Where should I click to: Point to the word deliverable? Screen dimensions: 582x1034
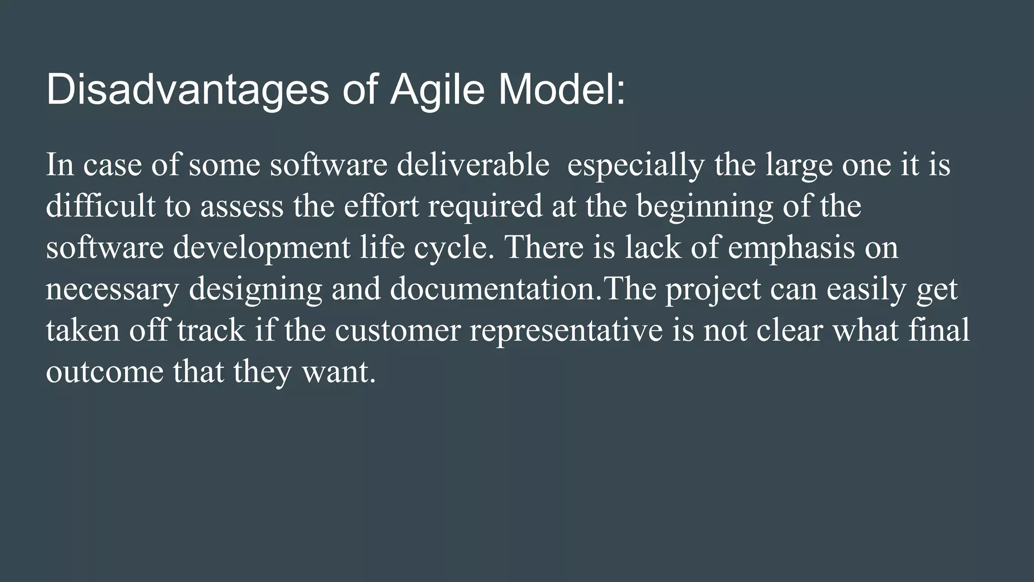click(x=473, y=165)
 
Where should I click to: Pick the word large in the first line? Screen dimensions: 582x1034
click(x=799, y=166)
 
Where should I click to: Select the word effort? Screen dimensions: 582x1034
click(x=381, y=206)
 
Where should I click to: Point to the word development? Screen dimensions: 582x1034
click(x=262, y=249)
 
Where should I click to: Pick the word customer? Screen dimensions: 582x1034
click(x=398, y=330)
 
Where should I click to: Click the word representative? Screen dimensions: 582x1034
click(x=566, y=331)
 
